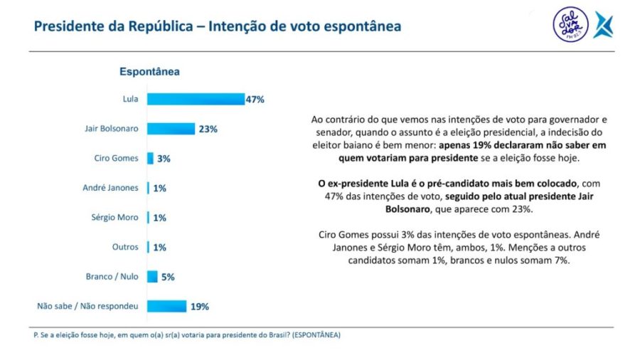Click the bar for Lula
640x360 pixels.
point(195,100)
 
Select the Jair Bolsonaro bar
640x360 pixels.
point(171,129)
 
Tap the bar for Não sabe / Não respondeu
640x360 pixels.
point(166,307)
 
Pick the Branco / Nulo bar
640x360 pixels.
point(153,277)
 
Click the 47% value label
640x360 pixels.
point(255,100)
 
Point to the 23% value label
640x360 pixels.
point(208,129)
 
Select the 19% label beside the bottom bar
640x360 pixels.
point(199,307)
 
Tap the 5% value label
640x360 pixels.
point(168,277)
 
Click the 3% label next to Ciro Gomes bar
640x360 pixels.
point(164,159)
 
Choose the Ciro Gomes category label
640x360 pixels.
point(116,159)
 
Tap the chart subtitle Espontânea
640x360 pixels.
point(149,72)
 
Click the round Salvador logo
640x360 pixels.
point(570,25)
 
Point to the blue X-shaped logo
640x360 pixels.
point(603,25)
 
